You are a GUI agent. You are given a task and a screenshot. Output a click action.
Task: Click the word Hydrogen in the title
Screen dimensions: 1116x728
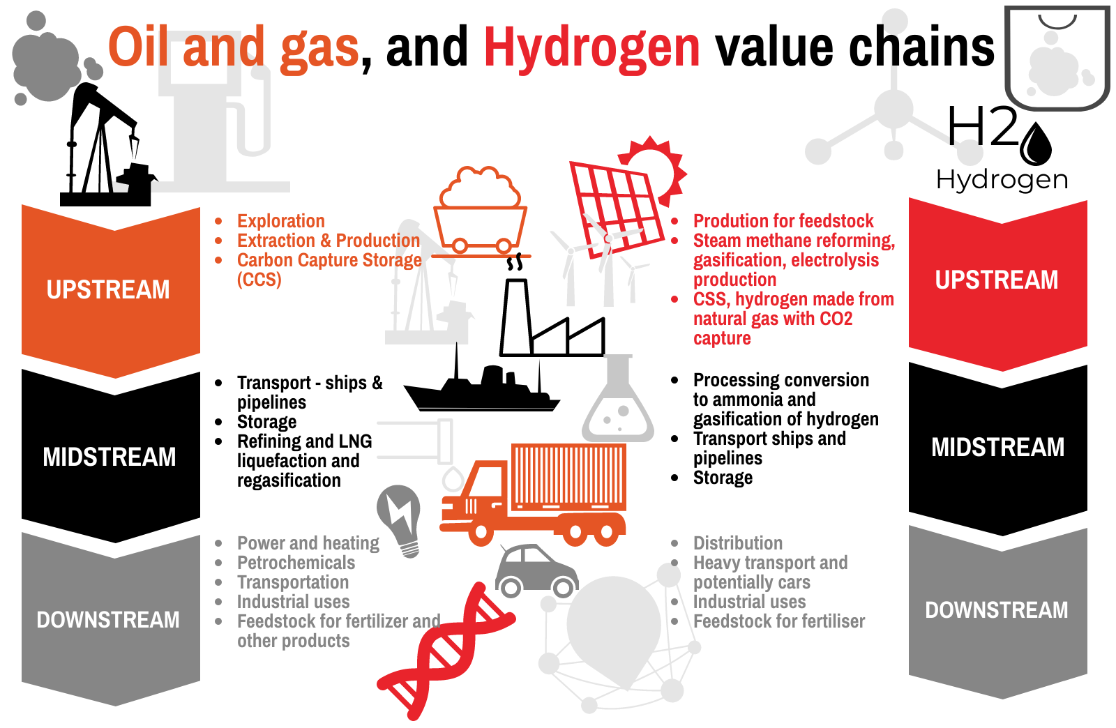tap(592, 48)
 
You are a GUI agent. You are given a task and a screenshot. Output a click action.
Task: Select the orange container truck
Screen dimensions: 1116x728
tap(533, 494)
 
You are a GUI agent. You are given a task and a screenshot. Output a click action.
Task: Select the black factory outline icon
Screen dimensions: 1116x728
tap(552, 318)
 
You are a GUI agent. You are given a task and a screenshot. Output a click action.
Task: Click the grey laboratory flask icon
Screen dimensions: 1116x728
tap(618, 398)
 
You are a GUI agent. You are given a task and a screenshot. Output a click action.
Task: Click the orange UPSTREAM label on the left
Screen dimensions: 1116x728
tap(108, 290)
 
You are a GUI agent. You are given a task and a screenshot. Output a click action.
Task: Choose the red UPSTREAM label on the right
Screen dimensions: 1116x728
tap(997, 280)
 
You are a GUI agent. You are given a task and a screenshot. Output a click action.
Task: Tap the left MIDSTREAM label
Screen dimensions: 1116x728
tap(110, 457)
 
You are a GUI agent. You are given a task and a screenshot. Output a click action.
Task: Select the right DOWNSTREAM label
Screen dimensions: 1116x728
tap(997, 610)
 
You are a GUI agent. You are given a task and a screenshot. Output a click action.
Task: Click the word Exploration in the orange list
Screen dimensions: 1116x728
tap(281, 221)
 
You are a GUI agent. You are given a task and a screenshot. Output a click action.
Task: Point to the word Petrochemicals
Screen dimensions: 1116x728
tap(296, 563)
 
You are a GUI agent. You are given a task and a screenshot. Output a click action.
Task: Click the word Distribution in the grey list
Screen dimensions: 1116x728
tap(738, 543)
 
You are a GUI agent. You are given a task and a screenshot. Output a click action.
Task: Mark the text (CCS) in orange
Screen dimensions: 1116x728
tap(259, 280)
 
